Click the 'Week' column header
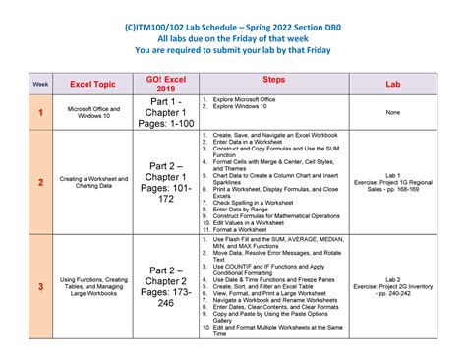pyautogui.click(x=40, y=85)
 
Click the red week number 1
pyautogui.click(x=40, y=112)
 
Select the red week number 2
pyautogui.click(x=40, y=182)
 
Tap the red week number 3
pyautogui.click(x=40, y=286)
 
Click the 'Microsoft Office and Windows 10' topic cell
pyautogui.click(x=93, y=112)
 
